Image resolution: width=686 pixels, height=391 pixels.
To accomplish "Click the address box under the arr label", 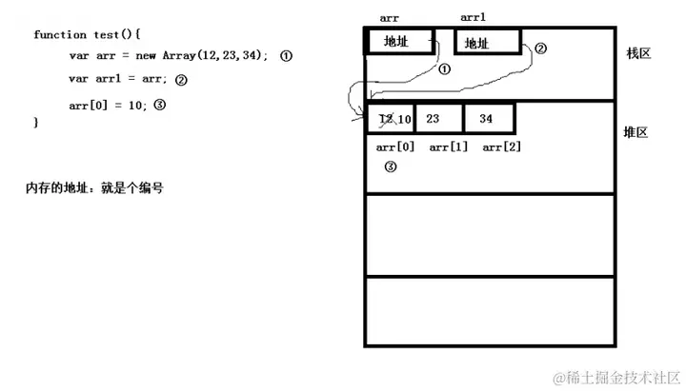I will pos(399,41).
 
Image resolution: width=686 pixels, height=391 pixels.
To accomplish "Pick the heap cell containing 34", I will pos(486,119).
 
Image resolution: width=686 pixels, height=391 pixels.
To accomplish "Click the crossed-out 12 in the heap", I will pos(385,119).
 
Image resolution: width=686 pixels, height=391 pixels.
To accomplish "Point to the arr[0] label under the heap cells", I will pos(395,147).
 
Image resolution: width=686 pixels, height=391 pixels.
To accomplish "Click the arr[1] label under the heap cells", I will pos(448,147).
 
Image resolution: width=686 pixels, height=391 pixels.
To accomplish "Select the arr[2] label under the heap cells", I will pos(501,147).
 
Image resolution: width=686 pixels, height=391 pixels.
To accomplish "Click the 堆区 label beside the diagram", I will pos(636,132).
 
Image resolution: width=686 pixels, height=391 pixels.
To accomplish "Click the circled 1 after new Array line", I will pos(286,56).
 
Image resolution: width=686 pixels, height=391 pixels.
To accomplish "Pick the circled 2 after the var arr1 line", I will pos(181,81).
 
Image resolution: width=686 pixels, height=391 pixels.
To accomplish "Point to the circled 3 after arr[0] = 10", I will pos(159,105).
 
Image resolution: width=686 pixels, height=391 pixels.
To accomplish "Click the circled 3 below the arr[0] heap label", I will pos(390,166).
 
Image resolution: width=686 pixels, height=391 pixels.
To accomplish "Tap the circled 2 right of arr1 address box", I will pos(540,49).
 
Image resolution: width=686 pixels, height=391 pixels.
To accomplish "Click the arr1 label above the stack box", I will pos(474,17).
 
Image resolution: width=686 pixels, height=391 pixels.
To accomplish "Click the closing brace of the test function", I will pos(36,123).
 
